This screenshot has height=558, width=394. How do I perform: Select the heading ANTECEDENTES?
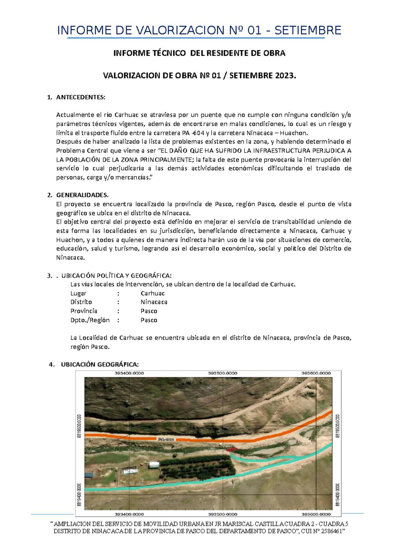pyautogui.click(x=81, y=97)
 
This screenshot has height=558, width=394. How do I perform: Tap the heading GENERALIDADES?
pyautogui.click(x=82, y=195)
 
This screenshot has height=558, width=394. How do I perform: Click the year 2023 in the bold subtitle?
pyautogui.click(x=285, y=76)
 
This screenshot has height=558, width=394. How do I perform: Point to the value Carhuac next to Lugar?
pyautogui.click(x=153, y=293)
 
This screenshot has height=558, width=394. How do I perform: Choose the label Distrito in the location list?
pyautogui.click(x=81, y=302)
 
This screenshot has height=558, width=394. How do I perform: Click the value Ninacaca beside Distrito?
pyautogui.click(x=154, y=302)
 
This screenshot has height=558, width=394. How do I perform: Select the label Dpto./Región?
pyautogui.click(x=90, y=320)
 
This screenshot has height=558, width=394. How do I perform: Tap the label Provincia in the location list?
pyautogui.click(x=84, y=311)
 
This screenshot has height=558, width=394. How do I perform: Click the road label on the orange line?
pyautogui.click(x=166, y=439)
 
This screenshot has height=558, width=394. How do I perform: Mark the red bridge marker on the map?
pyautogui.click(x=231, y=449)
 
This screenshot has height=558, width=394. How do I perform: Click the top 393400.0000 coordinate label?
pyautogui.click(x=129, y=373)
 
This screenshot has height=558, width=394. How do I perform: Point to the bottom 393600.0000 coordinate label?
pyautogui.click(x=316, y=514)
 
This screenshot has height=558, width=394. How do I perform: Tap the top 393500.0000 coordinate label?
pyautogui.click(x=223, y=373)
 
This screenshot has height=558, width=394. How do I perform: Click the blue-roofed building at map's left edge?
pyautogui.click(x=89, y=475)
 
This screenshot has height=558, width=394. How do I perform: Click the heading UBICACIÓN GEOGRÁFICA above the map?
pyautogui.click(x=100, y=364)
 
